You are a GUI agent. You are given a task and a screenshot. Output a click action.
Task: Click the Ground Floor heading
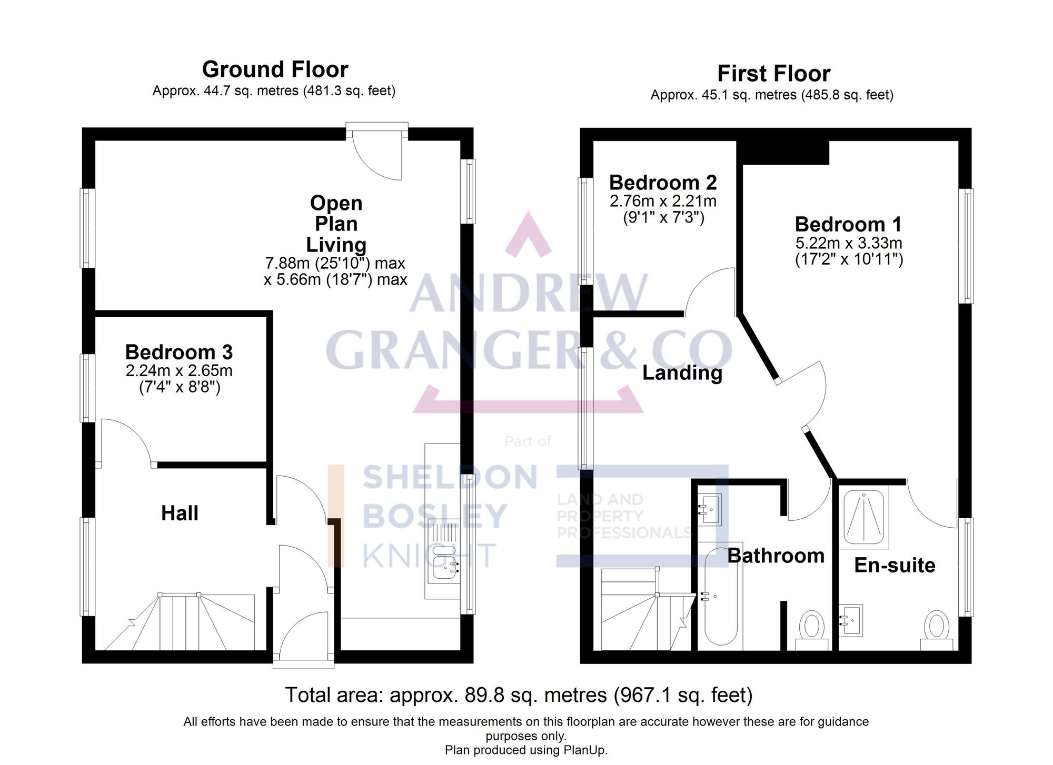tap(275, 69)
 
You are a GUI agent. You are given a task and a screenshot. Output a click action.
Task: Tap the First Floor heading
tap(773, 74)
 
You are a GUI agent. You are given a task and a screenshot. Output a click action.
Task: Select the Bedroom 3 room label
tap(178, 352)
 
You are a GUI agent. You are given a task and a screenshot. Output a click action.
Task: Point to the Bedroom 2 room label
tap(663, 183)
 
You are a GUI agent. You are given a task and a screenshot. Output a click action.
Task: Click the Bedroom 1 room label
tap(848, 224)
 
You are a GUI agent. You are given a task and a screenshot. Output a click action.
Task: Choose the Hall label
tap(180, 513)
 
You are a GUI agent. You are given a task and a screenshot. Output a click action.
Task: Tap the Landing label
tap(682, 373)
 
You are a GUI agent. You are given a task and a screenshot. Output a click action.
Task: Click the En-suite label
tap(895, 565)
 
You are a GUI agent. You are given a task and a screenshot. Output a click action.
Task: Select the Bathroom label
tap(776, 556)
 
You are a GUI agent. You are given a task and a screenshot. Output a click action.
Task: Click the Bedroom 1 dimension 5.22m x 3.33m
tap(848, 243)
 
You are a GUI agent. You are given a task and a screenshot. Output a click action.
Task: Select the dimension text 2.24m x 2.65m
tap(178, 370)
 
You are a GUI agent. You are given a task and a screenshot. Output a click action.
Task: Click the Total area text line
tap(519, 695)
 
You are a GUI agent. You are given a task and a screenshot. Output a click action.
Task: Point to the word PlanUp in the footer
tap(587, 750)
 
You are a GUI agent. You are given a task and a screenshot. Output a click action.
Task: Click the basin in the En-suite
tap(851, 620)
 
